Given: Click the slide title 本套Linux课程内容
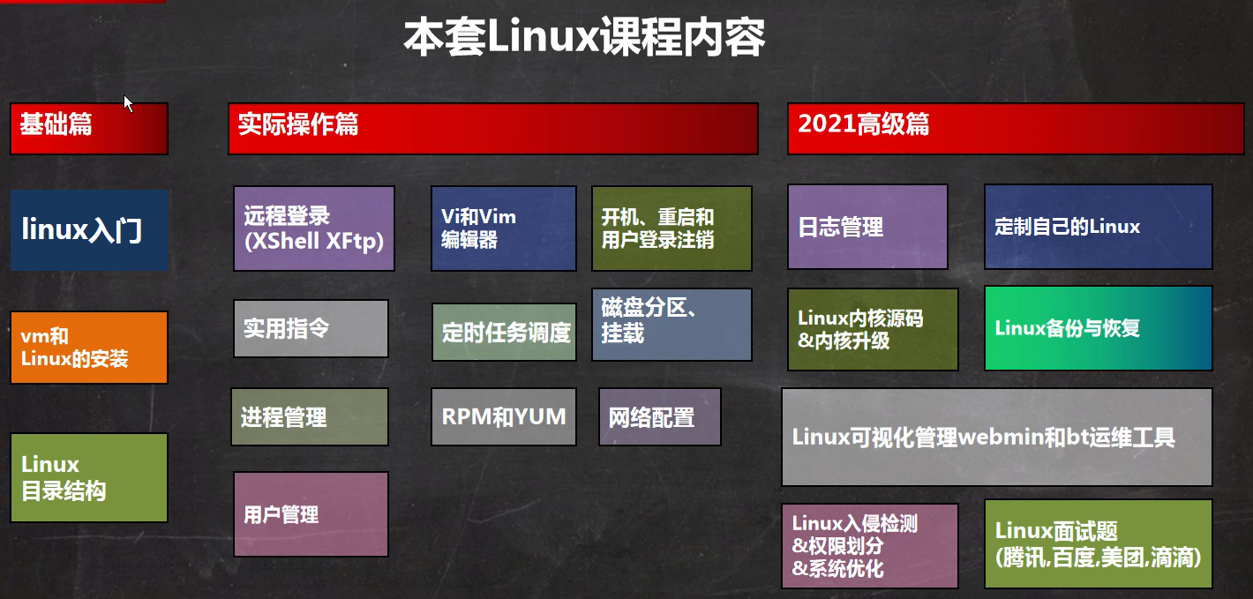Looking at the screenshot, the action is click(x=584, y=37).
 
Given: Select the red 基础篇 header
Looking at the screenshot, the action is click(x=89, y=128).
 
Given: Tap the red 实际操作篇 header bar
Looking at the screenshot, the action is click(x=492, y=128).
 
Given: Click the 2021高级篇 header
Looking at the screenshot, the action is click(x=1016, y=128).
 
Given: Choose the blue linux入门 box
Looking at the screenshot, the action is click(x=89, y=230).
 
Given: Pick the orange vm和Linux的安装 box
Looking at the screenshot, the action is click(x=89, y=348).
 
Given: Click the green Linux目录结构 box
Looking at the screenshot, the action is click(x=89, y=477).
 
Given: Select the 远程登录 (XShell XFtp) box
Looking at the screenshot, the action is click(x=314, y=228).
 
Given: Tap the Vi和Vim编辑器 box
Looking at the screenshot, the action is click(x=504, y=228).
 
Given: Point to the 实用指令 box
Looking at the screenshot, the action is click(x=311, y=328).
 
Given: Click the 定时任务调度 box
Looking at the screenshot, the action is click(x=504, y=332).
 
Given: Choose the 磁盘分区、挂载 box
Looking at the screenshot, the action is click(x=672, y=325).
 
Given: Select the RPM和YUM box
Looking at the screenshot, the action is click(x=504, y=416).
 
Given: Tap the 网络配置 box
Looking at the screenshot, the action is click(x=659, y=416).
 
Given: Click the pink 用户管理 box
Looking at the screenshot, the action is click(x=311, y=514).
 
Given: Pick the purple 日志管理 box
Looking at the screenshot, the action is click(x=867, y=227).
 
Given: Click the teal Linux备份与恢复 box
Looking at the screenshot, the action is click(x=1098, y=328).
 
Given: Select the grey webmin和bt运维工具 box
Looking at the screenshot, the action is click(x=997, y=437).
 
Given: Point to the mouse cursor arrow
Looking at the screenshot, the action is click(x=128, y=104).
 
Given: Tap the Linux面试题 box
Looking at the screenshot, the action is click(x=1098, y=543).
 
